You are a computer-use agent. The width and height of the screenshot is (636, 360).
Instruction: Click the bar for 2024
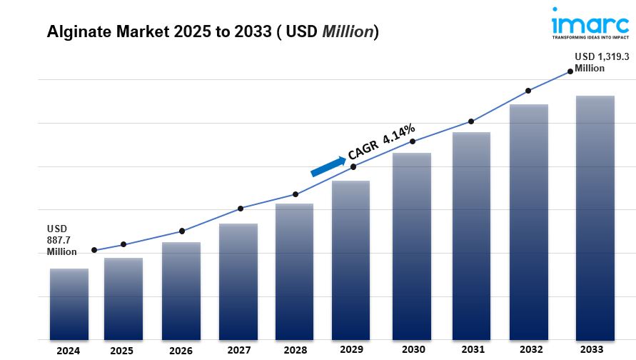69,304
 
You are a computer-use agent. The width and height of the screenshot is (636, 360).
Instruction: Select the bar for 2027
238,281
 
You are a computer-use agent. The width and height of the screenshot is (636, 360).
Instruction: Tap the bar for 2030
411,246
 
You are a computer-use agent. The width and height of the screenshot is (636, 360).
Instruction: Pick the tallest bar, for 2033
595,217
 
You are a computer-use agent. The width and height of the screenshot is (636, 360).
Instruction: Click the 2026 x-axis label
181,351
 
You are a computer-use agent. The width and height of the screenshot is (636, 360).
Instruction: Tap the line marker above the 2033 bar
570,71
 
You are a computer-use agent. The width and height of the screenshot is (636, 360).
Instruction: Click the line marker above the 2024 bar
94,250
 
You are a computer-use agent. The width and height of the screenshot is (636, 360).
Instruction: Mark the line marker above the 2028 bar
296,194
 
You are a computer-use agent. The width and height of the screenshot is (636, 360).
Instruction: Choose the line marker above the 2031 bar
471,121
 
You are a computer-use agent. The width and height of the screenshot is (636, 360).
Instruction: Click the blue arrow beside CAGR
327,166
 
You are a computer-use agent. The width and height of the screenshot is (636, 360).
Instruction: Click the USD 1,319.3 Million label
602,63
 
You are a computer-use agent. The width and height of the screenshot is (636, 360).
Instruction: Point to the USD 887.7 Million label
62,240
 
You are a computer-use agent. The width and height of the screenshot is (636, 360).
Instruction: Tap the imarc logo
590,24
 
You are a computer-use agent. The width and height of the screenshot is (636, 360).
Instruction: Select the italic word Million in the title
348,32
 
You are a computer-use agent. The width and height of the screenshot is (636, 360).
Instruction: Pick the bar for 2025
123,299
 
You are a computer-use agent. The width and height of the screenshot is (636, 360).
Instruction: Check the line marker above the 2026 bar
182,231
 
